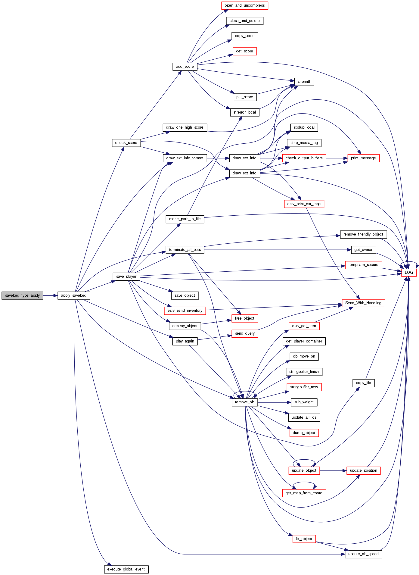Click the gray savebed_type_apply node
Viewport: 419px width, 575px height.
point(22,295)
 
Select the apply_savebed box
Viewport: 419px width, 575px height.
point(73,295)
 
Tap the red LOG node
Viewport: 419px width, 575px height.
point(408,272)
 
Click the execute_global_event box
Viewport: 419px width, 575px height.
point(126,569)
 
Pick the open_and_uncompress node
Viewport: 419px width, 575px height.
point(244,5)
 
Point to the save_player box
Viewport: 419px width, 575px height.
point(126,277)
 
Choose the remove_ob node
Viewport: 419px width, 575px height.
point(244,402)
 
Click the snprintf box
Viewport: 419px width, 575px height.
point(304,82)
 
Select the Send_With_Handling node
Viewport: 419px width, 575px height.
point(363,303)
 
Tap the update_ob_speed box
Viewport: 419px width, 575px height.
point(363,554)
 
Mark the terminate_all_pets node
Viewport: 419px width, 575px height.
point(185,250)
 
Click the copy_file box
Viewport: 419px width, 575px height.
point(363,383)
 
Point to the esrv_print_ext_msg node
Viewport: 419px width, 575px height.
point(304,204)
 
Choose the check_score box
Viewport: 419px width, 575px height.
point(126,143)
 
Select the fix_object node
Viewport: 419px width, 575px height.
point(304,539)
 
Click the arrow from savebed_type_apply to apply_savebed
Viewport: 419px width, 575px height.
point(50,295)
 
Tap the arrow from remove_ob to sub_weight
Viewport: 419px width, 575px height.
point(274,402)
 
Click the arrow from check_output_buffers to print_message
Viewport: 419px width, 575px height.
point(337,158)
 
